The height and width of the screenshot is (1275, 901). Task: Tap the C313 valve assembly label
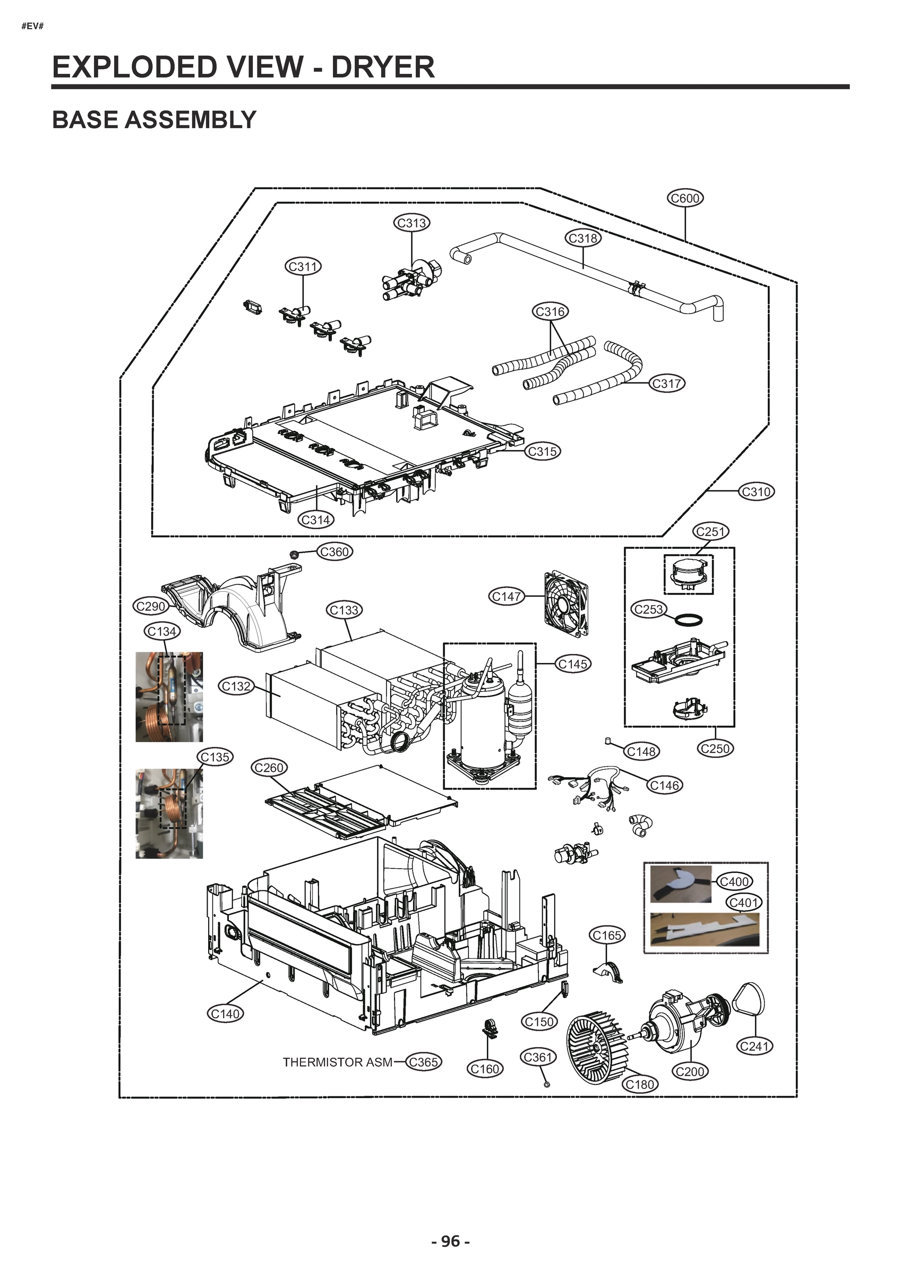[411, 223]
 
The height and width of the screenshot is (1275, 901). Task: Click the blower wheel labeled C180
[596, 1047]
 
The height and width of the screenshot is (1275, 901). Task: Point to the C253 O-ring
[689, 619]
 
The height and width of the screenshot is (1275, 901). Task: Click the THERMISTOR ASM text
[337, 1062]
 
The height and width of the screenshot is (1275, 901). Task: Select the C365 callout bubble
[423, 1062]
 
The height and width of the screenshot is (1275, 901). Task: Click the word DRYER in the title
[382, 67]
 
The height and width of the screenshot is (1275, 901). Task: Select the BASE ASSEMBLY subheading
[154, 120]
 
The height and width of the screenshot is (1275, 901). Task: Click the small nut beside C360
[294, 554]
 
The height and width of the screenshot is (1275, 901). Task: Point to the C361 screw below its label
[547, 1083]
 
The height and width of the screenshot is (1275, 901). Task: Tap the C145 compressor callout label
[572, 664]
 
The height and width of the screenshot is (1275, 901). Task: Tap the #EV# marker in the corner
[32, 26]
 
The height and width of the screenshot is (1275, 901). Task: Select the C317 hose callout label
[666, 383]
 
